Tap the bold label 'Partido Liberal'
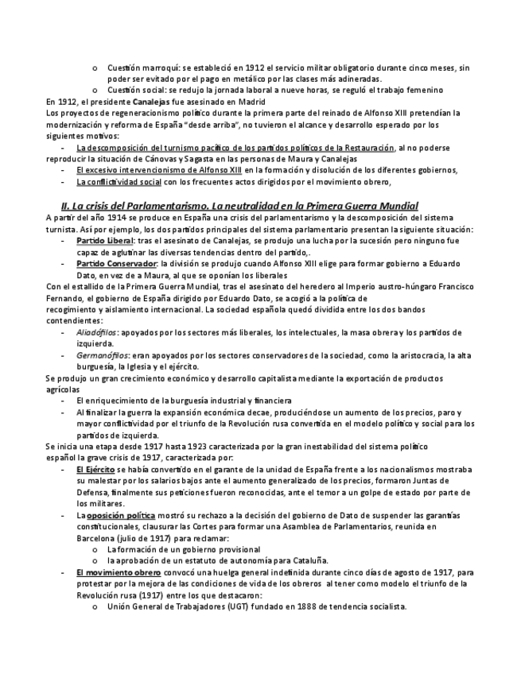pyautogui.click(x=105, y=240)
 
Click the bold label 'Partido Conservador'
pyautogui.click(x=115, y=263)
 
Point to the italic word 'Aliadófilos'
pyautogui.click(x=97, y=333)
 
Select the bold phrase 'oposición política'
pyautogui.click(x=121, y=516)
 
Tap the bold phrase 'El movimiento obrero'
pyautogui.click(x=119, y=572)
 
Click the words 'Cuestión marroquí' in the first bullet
pyautogui.click(x=140, y=68)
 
